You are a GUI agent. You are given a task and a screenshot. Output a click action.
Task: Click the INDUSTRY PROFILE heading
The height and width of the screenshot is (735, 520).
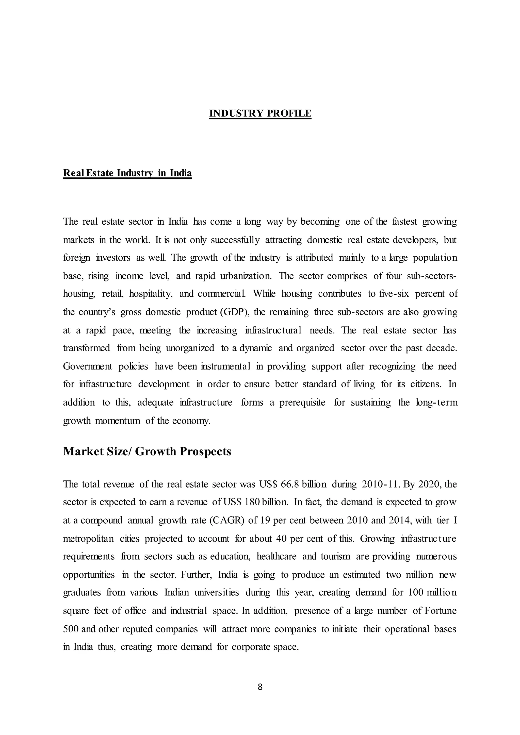click(260, 113)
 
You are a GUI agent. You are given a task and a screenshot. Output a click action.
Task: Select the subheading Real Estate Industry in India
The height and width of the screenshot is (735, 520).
click(127, 173)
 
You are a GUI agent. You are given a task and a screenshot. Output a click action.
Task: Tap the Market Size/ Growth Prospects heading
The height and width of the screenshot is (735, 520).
click(147, 451)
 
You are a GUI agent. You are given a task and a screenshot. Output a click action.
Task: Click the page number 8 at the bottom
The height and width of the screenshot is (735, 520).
click(260, 687)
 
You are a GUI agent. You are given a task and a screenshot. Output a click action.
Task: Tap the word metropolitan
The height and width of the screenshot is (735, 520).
click(88, 539)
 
